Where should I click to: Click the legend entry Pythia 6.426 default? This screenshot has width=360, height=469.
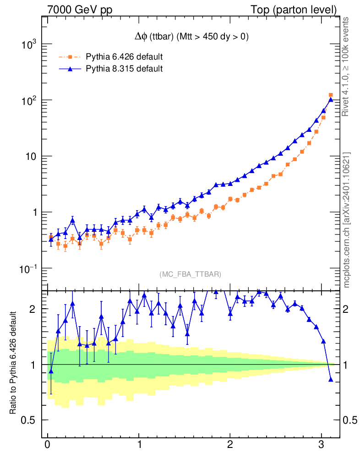pos(124,57)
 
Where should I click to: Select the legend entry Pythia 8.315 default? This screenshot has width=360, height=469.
pos(124,69)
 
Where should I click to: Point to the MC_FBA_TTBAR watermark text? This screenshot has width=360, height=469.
pos(190,274)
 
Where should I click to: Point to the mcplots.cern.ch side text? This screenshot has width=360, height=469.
pos(347,220)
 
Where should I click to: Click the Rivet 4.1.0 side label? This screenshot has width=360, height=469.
pos(347,66)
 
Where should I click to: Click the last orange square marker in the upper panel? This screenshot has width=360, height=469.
pos(331,95)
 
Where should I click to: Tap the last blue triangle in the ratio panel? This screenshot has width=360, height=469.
pos(331,379)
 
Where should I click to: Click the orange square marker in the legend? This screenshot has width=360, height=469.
pos(70,57)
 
